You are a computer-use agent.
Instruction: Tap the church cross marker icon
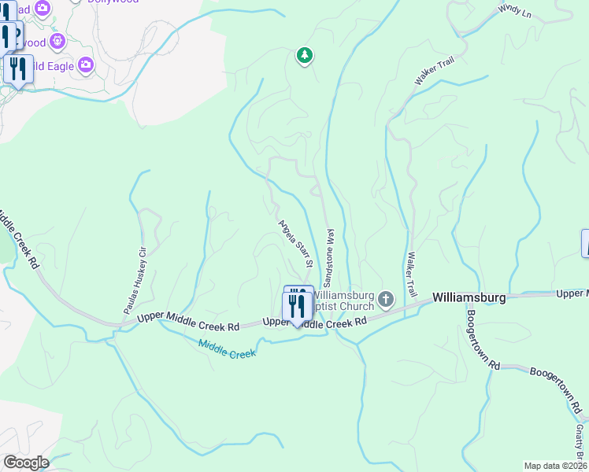386,299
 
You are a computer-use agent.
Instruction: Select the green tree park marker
305,56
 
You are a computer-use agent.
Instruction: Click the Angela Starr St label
295,241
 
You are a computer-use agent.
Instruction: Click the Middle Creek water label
227,348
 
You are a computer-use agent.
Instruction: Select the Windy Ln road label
515,11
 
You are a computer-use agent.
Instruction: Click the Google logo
26,463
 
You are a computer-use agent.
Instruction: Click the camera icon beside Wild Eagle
86,65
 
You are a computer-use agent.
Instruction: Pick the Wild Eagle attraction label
52,66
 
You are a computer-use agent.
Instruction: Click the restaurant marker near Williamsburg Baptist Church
297,304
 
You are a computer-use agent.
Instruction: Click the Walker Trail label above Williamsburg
411,275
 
